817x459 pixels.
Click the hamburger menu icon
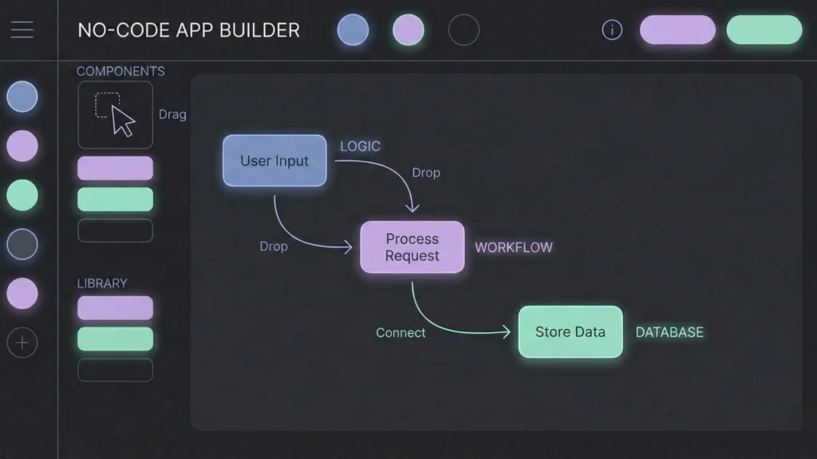(x=22, y=30)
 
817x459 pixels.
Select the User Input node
(x=274, y=160)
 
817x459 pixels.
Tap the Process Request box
(x=412, y=247)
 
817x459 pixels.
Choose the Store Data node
(x=570, y=331)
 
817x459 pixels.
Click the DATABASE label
(x=669, y=332)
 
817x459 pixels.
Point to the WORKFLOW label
(x=513, y=247)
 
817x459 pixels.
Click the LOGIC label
(x=360, y=147)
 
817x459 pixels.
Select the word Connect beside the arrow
(x=401, y=333)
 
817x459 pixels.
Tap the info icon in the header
(x=611, y=30)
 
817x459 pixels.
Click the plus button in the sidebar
(x=22, y=343)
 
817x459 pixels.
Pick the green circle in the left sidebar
(x=22, y=195)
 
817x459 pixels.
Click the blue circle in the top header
(x=353, y=30)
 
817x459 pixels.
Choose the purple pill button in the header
(x=677, y=30)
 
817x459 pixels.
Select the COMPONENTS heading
(x=120, y=71)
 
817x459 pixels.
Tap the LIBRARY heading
(x=102, y=283)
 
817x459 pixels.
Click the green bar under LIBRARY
(x=115, y=339)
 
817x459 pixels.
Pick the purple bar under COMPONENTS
(x=115, y=168)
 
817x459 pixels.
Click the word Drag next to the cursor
(x=172, y=115)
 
